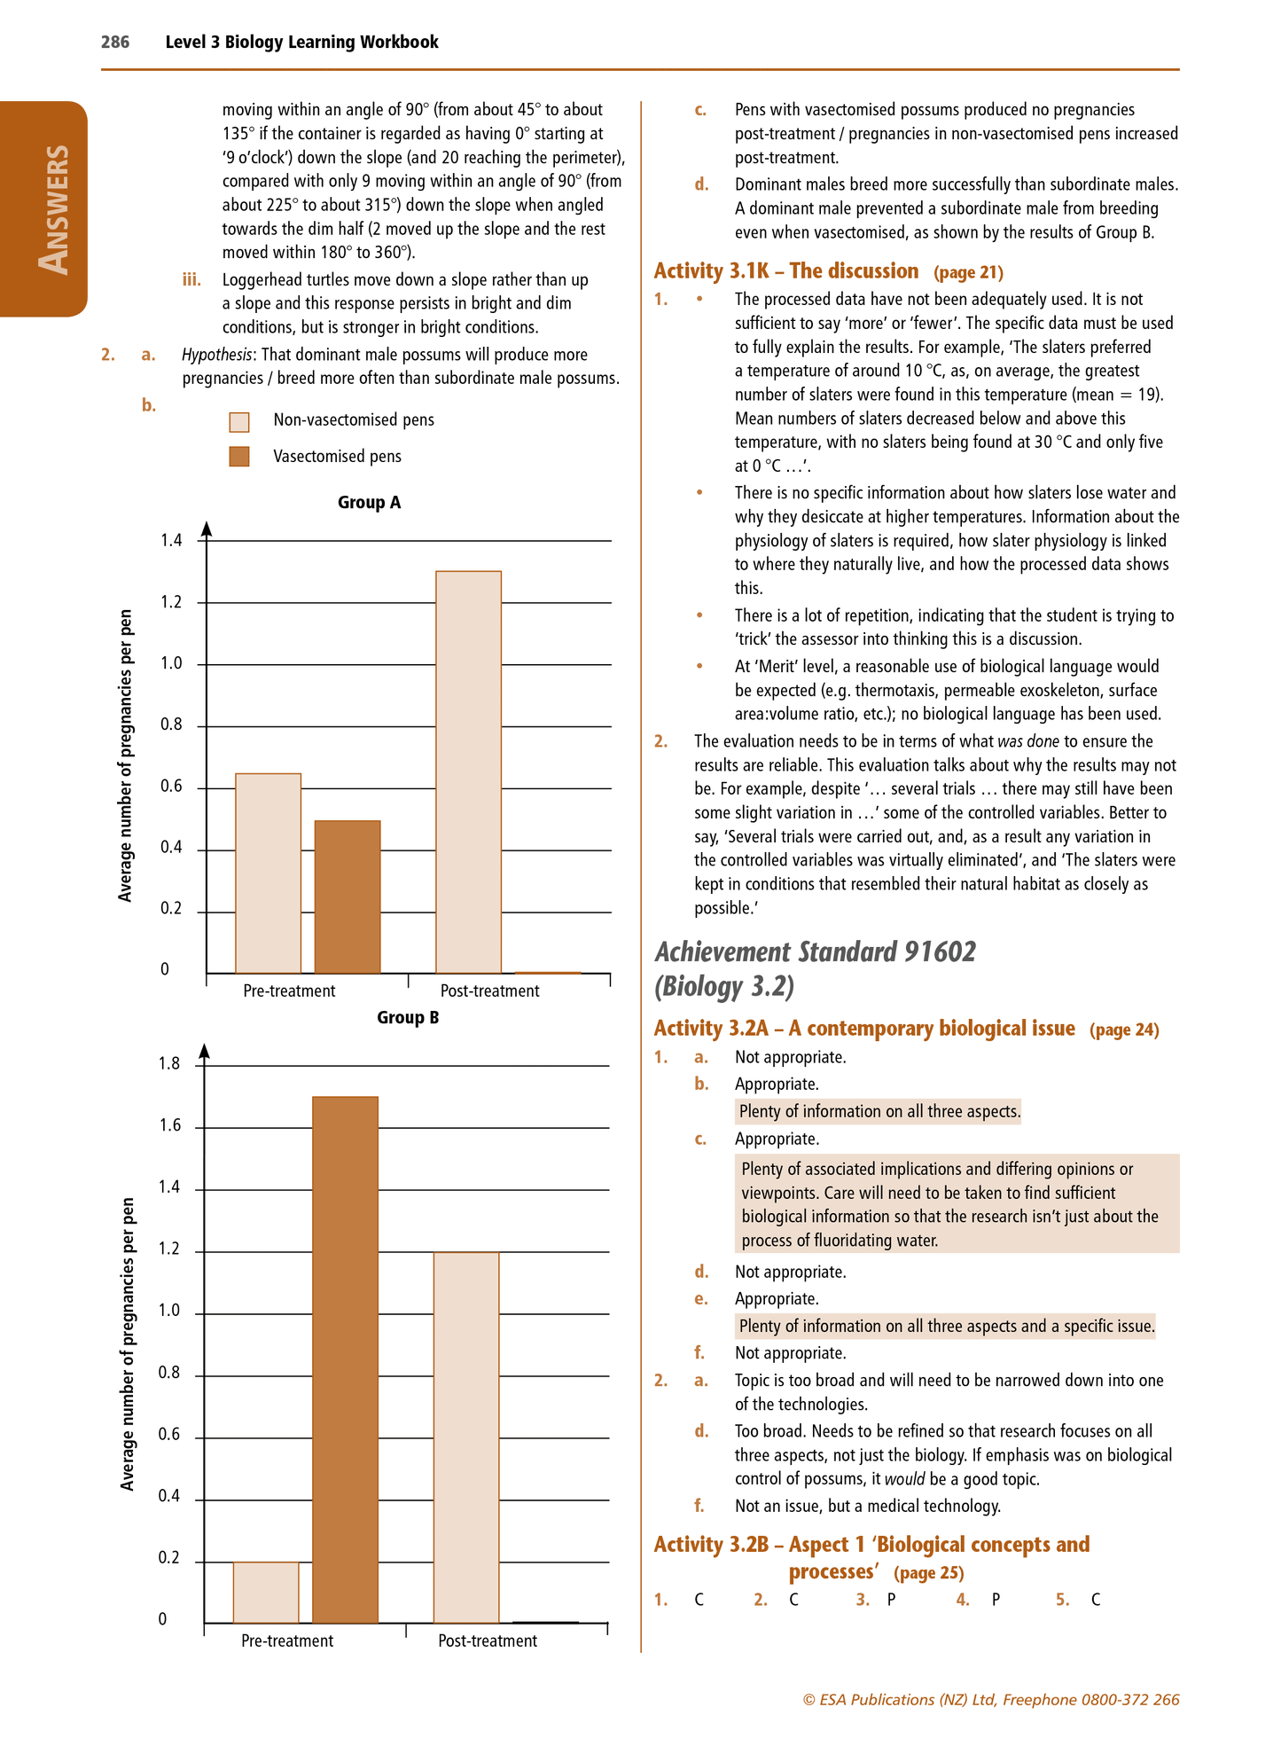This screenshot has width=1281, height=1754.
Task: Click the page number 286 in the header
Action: (115, 42)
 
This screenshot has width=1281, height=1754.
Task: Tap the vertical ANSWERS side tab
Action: (52, 210)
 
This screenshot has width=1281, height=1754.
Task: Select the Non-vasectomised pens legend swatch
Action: (239, 421)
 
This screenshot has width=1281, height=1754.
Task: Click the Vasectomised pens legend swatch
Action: (239, 457)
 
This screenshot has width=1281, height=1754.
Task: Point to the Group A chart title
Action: (369, 503)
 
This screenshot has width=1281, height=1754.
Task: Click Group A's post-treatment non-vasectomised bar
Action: (468, 771)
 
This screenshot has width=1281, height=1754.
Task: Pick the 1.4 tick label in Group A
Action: (171, 541)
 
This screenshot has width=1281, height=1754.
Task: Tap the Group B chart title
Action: (408, 1018)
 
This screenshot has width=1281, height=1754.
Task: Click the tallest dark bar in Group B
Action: (346, 1357)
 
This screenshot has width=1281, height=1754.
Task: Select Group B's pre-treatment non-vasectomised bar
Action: (266, 1592)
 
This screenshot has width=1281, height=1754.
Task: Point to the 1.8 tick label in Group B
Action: (169, 1064)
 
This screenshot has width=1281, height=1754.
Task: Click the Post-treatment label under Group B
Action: (488, 1641)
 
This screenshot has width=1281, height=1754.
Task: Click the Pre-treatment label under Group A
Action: (289, 991)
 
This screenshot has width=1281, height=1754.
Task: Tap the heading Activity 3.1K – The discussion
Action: (786, 271)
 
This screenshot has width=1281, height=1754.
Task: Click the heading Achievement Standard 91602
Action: (816, 952)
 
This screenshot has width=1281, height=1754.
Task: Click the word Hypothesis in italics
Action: (217, 355)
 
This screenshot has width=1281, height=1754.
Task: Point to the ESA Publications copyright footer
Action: (990, 1700)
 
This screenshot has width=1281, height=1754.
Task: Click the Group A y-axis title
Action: (126, 756)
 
